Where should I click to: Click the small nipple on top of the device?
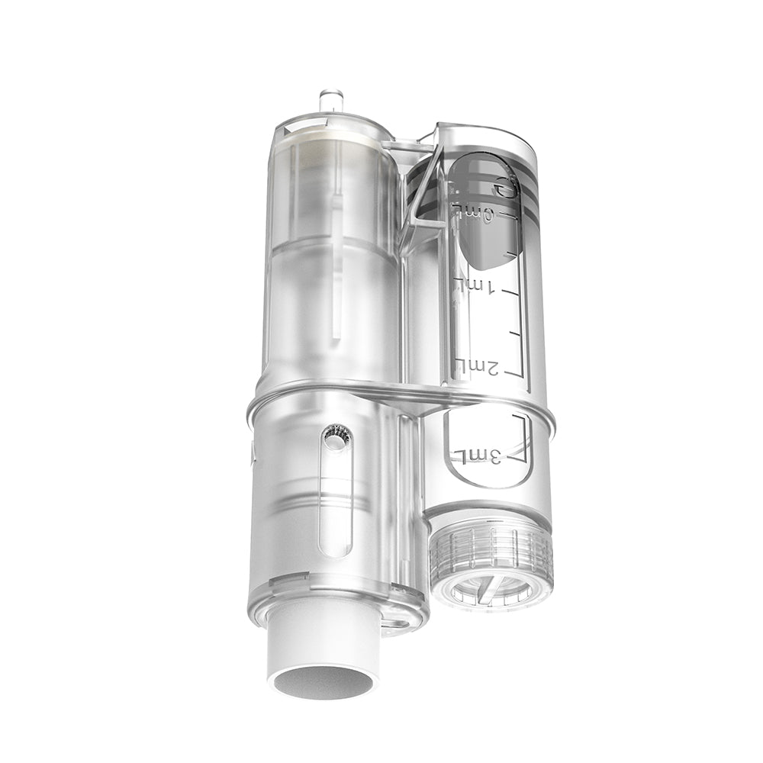pos(330,100)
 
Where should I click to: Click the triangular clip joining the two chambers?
pos(421,191)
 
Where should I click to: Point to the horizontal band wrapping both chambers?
pos(397,393)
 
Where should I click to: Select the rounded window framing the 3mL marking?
pos(488,450)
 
